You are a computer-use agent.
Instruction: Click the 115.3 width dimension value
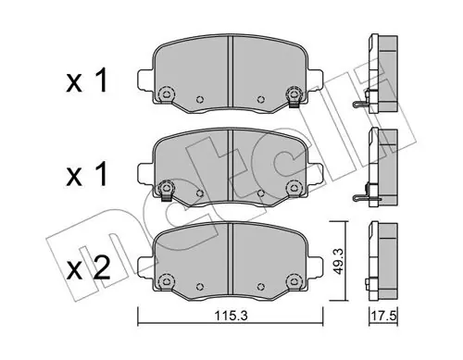coord(230,316)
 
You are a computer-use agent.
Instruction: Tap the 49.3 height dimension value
coord(339,261)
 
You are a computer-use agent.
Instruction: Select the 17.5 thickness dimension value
coord(383,317)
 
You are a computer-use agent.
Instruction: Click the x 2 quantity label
coord(88,268)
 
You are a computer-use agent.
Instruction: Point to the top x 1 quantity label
coord(87,81)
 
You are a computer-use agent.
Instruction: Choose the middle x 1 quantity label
coord(87,174)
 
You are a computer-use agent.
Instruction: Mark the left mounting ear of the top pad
coord(145,80)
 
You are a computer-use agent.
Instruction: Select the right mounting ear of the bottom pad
coord(315,267)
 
